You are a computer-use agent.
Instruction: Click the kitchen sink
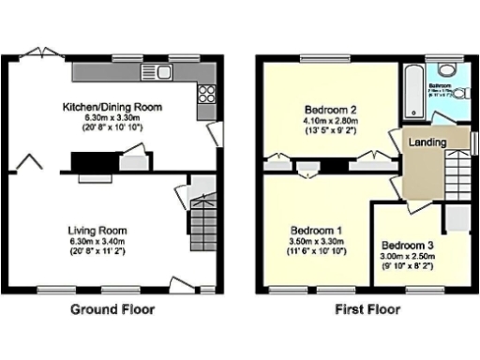152,72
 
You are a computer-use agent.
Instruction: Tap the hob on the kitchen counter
206,93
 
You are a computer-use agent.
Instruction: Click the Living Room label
97,230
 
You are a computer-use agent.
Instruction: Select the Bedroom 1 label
316,230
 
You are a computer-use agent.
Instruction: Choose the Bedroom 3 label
406,237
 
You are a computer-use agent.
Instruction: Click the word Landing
427,142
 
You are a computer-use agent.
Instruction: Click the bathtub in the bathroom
412,92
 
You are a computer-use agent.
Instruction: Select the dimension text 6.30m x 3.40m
97,241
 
